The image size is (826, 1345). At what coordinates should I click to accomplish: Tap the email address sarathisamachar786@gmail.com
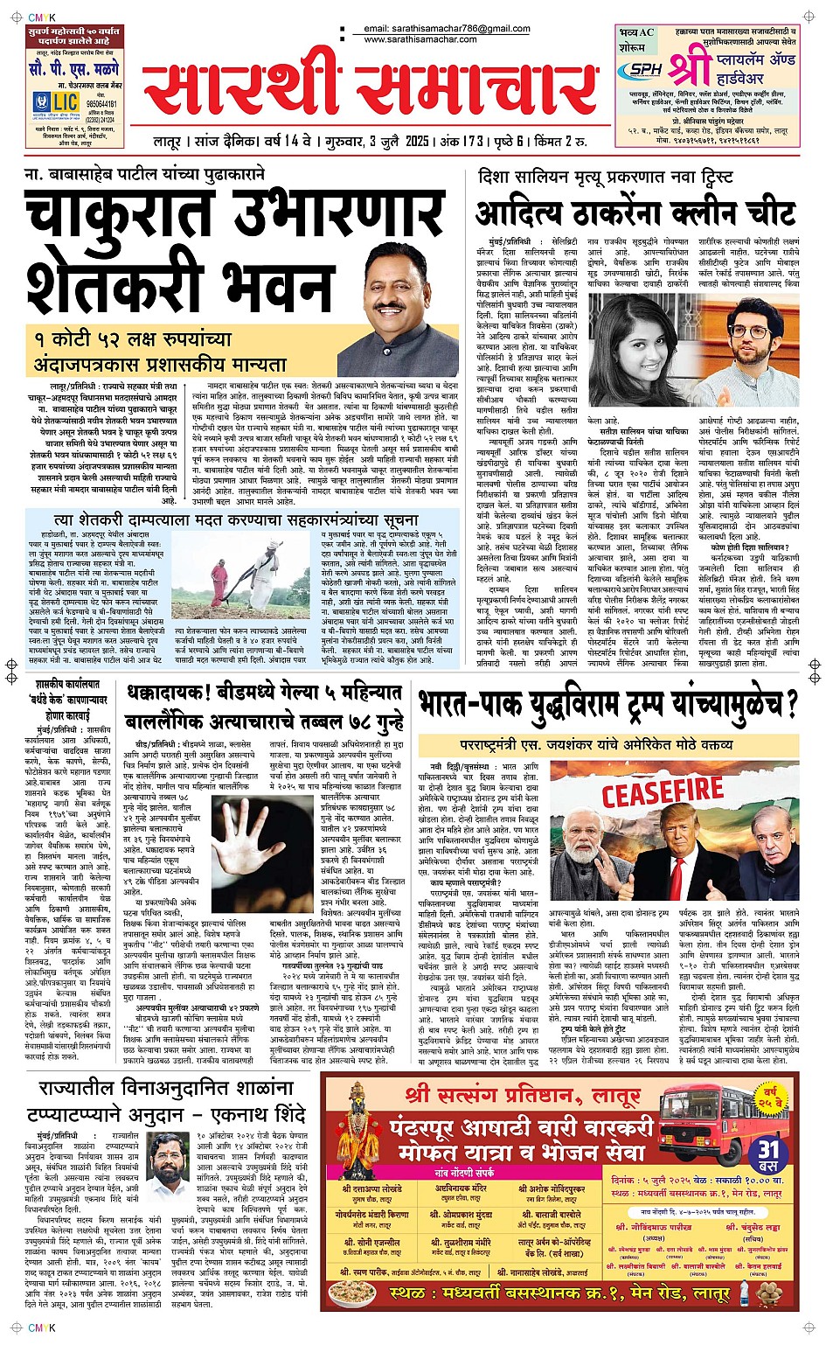[447, 29]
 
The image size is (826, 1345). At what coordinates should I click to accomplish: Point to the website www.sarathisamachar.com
[420, 39]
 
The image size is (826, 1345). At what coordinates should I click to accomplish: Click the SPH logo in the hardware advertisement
[645, 69]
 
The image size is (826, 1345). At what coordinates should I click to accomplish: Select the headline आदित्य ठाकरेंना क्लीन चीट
[635, 213]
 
